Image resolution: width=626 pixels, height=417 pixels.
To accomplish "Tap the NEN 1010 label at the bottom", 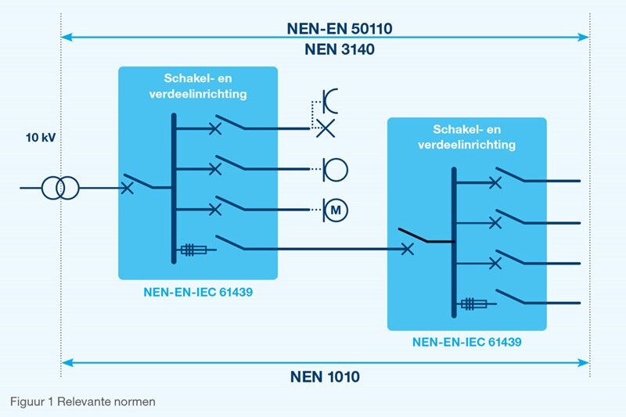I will pyautogui.click(x=325, y=377).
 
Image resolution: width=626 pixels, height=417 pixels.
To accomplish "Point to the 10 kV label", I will pyautogui.click(x=40, y=138).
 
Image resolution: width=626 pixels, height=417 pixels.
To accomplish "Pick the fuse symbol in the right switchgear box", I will pyautogui.click(x=473, y=304).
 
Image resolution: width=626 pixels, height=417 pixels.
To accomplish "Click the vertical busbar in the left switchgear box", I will pyautogui.click(x=174, y=188).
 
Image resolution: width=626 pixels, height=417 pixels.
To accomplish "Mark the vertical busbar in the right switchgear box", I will pyautogui.click(x=453, y=243).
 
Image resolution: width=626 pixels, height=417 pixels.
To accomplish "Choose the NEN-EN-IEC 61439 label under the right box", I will pyautogui.click(x=466, y=343).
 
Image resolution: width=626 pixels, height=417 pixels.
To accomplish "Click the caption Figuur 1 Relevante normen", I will pyautogui.click(x=83, y=401).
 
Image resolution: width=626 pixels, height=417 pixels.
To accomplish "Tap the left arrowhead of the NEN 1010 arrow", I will pyautogui.click(x=66, y=362).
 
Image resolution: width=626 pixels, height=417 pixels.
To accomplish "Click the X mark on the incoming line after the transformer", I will pyautogui.click(x=127, y=188).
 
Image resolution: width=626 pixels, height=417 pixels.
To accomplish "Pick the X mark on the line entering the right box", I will pyautogui.click(x=407, y=250).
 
